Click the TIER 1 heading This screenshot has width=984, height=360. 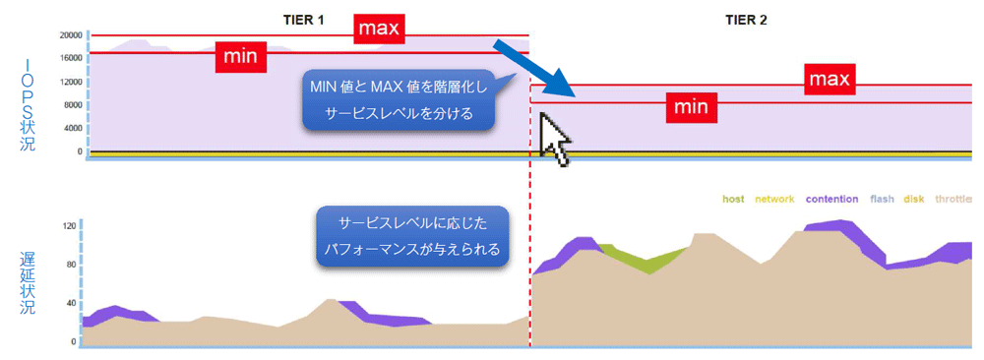[302, 20]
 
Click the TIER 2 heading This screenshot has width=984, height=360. [746, 20]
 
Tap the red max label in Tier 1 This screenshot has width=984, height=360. [379, 30]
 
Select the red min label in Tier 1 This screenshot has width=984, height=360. [241, 57]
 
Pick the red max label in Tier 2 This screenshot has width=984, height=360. [829, 80]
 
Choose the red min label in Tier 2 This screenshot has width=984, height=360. [691, 107]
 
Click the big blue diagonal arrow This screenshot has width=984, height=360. [533, 69]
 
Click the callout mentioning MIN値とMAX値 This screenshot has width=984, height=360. [399, 99]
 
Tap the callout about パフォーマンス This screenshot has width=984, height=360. [411, 236]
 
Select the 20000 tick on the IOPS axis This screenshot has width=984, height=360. [72, 35]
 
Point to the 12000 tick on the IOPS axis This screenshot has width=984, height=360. [72, 82]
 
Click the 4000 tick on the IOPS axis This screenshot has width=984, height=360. [74, 128]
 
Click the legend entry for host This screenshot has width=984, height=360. [733, 200]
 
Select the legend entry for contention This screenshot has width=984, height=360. [831, 200]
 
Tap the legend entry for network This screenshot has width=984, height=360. [774, 200]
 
